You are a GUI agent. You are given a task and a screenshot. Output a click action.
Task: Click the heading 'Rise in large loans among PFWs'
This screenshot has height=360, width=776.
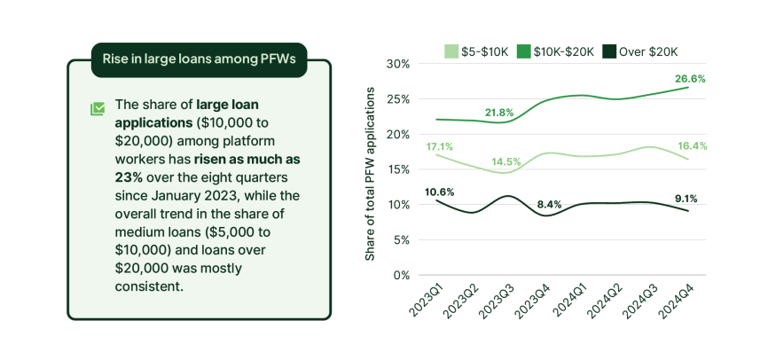pos(199,60)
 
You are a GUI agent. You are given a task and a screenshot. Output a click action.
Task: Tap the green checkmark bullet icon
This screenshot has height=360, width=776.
pos(98,109)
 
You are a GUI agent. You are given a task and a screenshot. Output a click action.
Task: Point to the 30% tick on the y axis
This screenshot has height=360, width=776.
pos(396,64)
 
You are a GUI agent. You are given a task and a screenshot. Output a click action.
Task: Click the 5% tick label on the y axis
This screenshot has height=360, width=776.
pos(400,239)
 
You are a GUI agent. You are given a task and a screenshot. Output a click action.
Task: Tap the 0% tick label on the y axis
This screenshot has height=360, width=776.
pos(400,275)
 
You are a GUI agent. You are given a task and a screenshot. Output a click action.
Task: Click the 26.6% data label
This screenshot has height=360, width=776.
pos(690,79)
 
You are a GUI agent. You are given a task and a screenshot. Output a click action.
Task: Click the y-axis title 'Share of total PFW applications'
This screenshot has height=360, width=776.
pos(371,174)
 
